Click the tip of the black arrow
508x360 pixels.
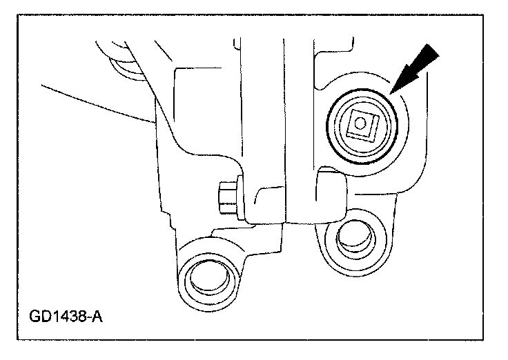[x=391, y=92]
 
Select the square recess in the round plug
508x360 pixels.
[x=360, y=126]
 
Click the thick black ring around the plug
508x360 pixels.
[x=331, y=126]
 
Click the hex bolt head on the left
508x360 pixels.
[x=226, y=196]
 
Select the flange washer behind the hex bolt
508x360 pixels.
[x=237, y=197]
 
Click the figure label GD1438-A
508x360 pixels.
[x=68, y=318]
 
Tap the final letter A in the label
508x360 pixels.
[x=97, y=318]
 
